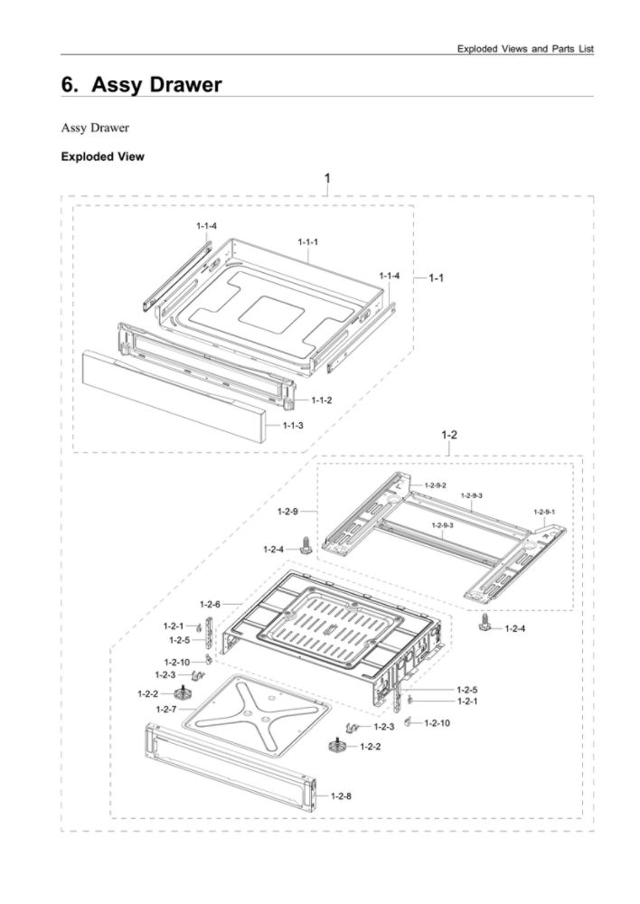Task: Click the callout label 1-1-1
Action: [308, 241]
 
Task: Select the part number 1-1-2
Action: [322, 400]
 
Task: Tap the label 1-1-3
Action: [293, 425]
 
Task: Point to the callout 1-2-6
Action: [210, 604]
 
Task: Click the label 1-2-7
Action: [165, 710]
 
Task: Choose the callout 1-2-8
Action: [341, 796]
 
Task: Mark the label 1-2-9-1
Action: [544, 512]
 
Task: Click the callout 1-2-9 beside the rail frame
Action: [287, 512]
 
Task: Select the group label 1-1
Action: [436, 278]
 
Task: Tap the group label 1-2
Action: [449, 435]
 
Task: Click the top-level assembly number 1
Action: [327, 178]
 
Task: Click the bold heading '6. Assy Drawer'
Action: [141, 85]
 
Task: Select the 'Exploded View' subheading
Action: [102, 156]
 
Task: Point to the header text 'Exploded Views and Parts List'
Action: [525, 48]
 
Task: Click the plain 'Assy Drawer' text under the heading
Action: [95, 127]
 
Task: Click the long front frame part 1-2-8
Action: [226, 765]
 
